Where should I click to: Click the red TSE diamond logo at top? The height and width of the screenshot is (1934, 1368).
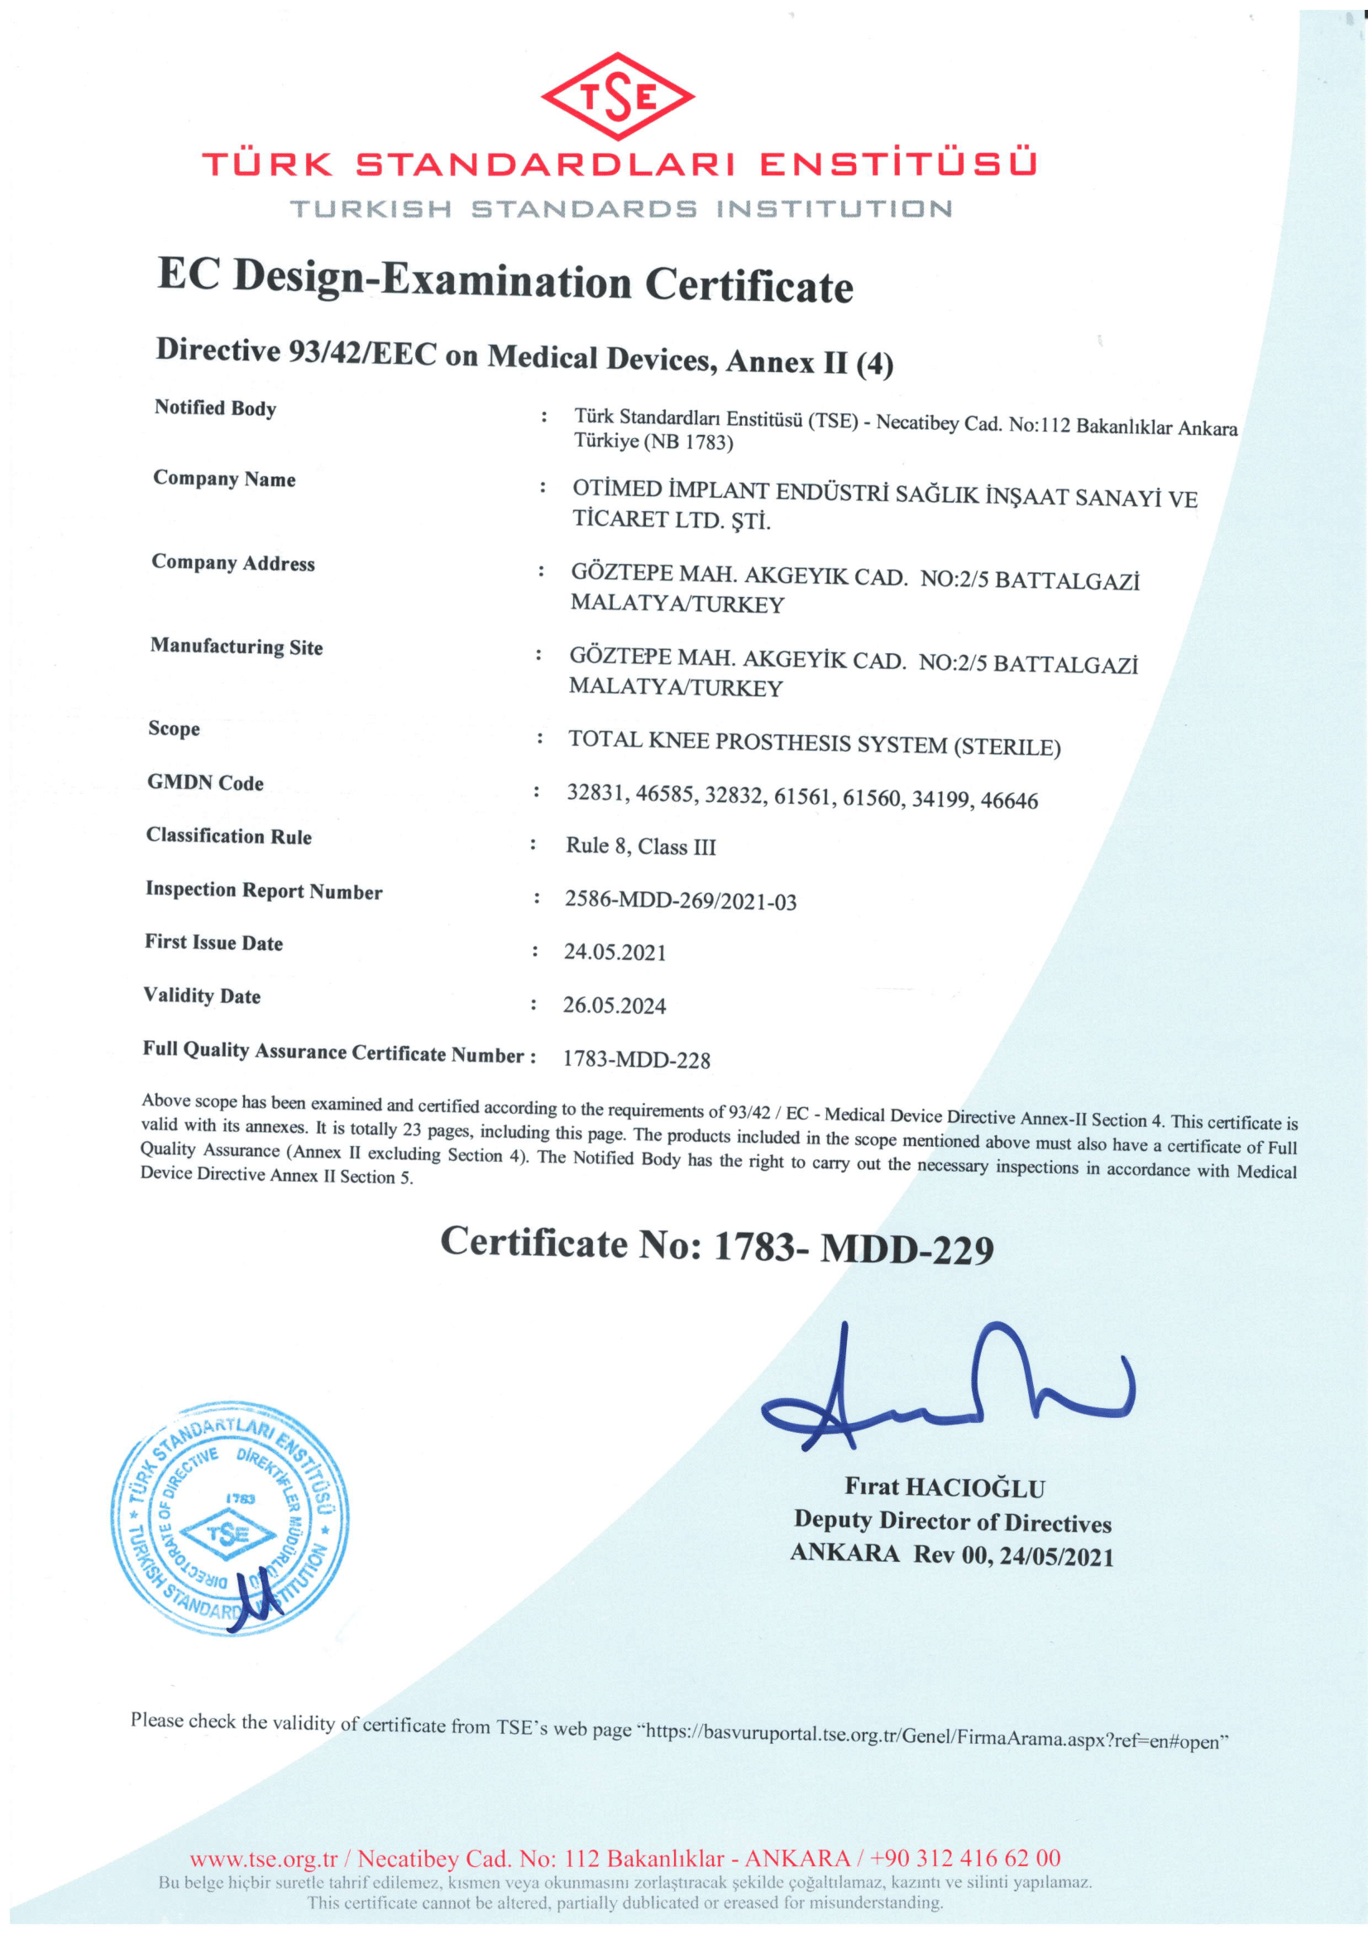[618, 97]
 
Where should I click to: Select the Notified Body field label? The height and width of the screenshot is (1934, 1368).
[215, 408]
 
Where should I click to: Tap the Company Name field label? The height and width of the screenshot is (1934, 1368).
[224, 479]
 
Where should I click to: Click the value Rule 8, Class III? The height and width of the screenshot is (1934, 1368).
[640, 846]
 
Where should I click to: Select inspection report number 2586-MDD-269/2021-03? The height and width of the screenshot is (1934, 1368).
[680, 900]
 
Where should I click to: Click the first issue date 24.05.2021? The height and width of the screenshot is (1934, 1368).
[614, 952]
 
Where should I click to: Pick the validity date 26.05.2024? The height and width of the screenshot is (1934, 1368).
[614, 1005]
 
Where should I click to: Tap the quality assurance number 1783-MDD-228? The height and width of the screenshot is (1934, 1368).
[636, 1059]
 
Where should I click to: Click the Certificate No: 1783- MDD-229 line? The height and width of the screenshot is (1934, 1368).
[716, 1245]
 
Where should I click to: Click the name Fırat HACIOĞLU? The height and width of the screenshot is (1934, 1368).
[945, 1488]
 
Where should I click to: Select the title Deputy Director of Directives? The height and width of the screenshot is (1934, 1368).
[952, 1521]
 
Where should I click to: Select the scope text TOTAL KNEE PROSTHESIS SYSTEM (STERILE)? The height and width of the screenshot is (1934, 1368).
[814, 743]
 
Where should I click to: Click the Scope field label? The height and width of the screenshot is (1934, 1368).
[175, 728]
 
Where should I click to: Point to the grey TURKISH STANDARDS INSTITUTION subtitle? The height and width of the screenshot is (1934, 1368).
[621, 209]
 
